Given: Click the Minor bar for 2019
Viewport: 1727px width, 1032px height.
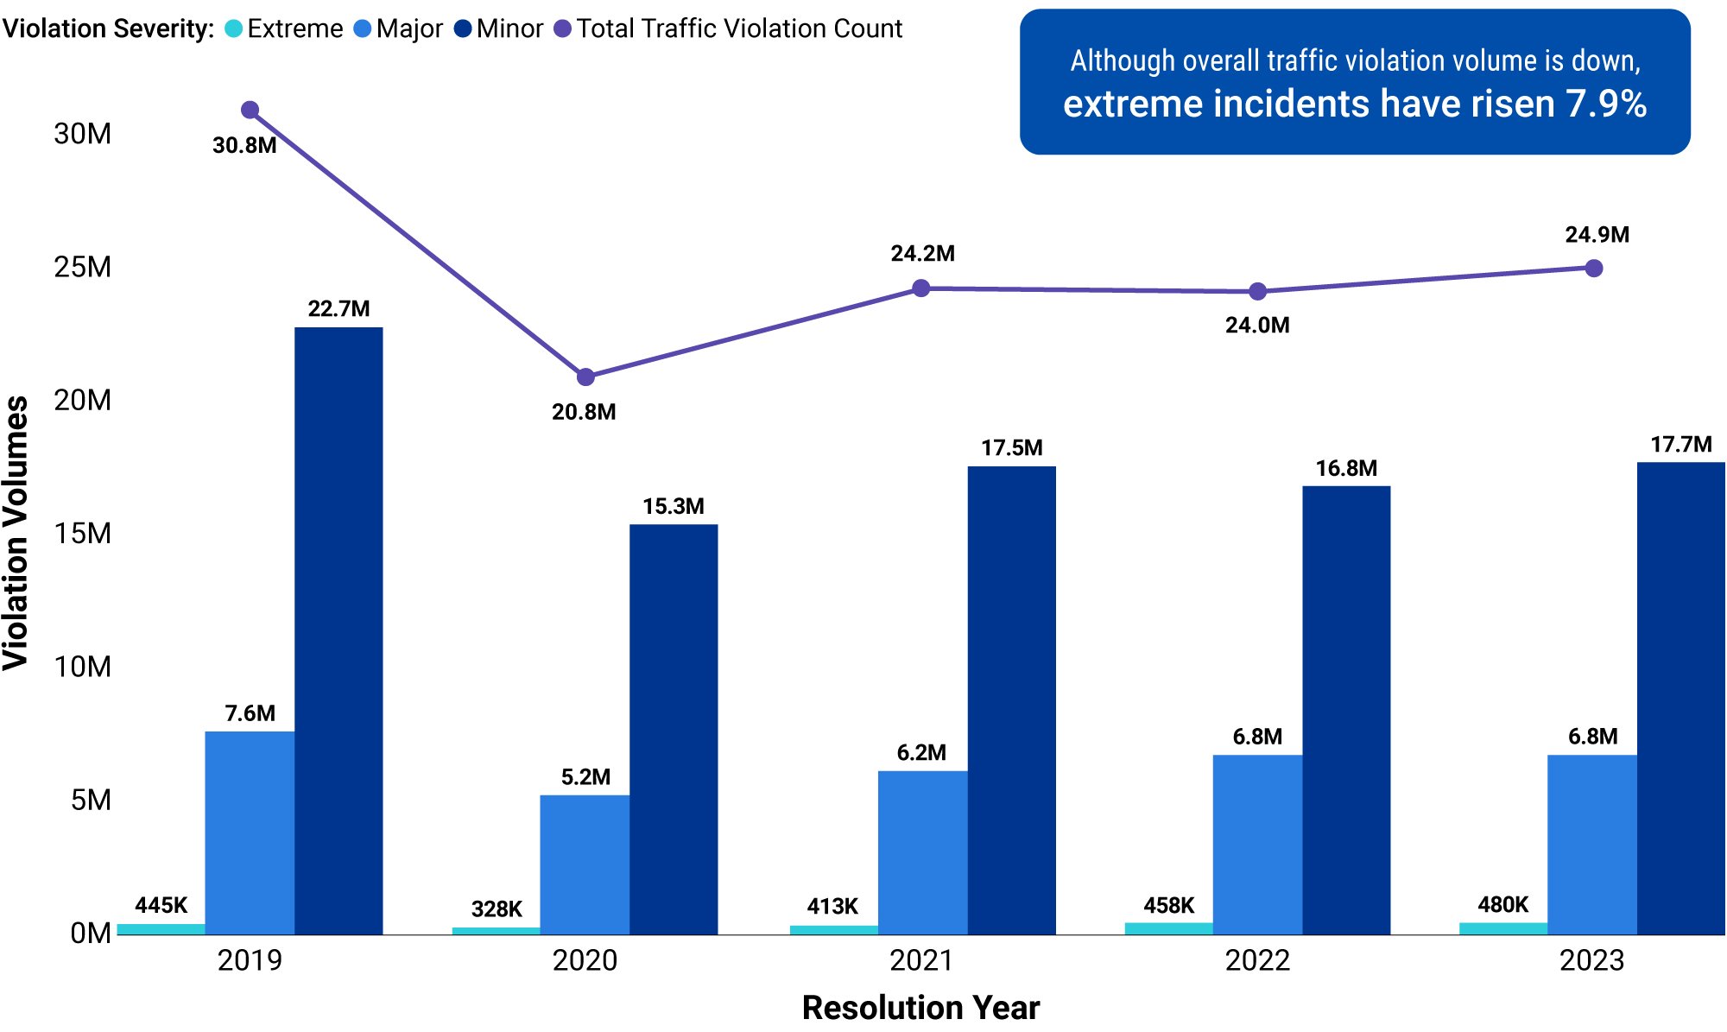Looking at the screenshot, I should click(338, 630).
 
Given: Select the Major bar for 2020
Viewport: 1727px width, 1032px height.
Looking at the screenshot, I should click(585, 864).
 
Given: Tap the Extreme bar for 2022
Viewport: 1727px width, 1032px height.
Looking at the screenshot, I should click(1168, 928).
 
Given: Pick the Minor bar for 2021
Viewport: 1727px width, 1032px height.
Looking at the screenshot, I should click(1011, 700).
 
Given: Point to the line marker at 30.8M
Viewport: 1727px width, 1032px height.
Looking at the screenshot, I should click(250, 110).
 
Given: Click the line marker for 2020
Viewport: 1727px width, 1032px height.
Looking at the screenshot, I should click(585, 377).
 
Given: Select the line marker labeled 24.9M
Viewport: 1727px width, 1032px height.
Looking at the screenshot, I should click(1594, 269).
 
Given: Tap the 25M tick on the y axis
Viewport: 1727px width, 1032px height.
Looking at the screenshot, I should click(83, 267).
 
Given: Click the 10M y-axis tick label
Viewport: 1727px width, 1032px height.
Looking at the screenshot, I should click(83, 667).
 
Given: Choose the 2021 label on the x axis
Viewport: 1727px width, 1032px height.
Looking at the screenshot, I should click(921, 960).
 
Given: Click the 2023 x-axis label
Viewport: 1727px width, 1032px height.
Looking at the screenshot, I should click(1591, 960).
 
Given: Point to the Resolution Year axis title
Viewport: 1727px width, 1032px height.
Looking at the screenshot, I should click(920, 1008).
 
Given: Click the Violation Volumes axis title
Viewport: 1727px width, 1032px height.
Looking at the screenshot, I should click(16, 533).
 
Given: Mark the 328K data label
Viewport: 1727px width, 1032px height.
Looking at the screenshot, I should click(497, 909).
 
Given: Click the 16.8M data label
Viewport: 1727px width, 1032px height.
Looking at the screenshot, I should click(1346, 468).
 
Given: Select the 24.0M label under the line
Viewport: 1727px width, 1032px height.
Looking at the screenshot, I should click(1257, 326).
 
